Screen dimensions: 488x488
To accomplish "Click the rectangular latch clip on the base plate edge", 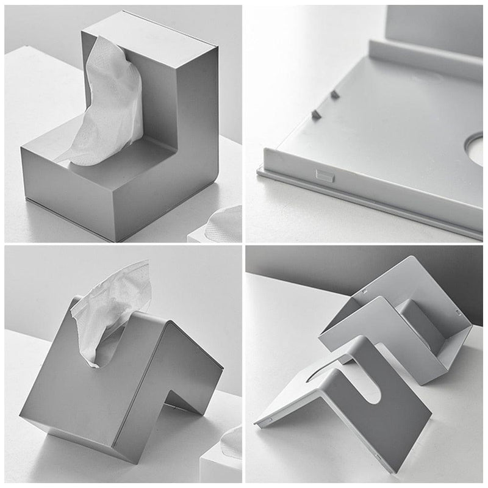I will [x=323, y=174].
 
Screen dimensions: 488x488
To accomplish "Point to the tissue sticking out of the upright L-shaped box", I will [x=110, y=104].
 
